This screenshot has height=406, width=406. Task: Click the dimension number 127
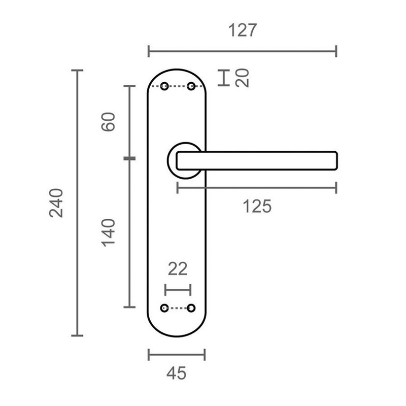(x=243, y=30)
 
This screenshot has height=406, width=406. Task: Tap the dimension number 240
(x=56, y=203)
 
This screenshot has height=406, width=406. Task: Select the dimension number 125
(x=257, y=207)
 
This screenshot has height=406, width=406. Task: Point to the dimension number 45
(x=176, y=373)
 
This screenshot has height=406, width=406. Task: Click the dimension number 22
(x=178, y=269)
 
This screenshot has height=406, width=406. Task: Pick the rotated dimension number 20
(x=242, y=78)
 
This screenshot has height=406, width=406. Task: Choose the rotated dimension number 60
(x=108, y=122)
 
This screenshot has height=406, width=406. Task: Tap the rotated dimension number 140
(x=108, y=232)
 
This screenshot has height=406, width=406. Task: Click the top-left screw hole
(x=164, y=86)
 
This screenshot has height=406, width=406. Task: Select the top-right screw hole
(x=191, y=86)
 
